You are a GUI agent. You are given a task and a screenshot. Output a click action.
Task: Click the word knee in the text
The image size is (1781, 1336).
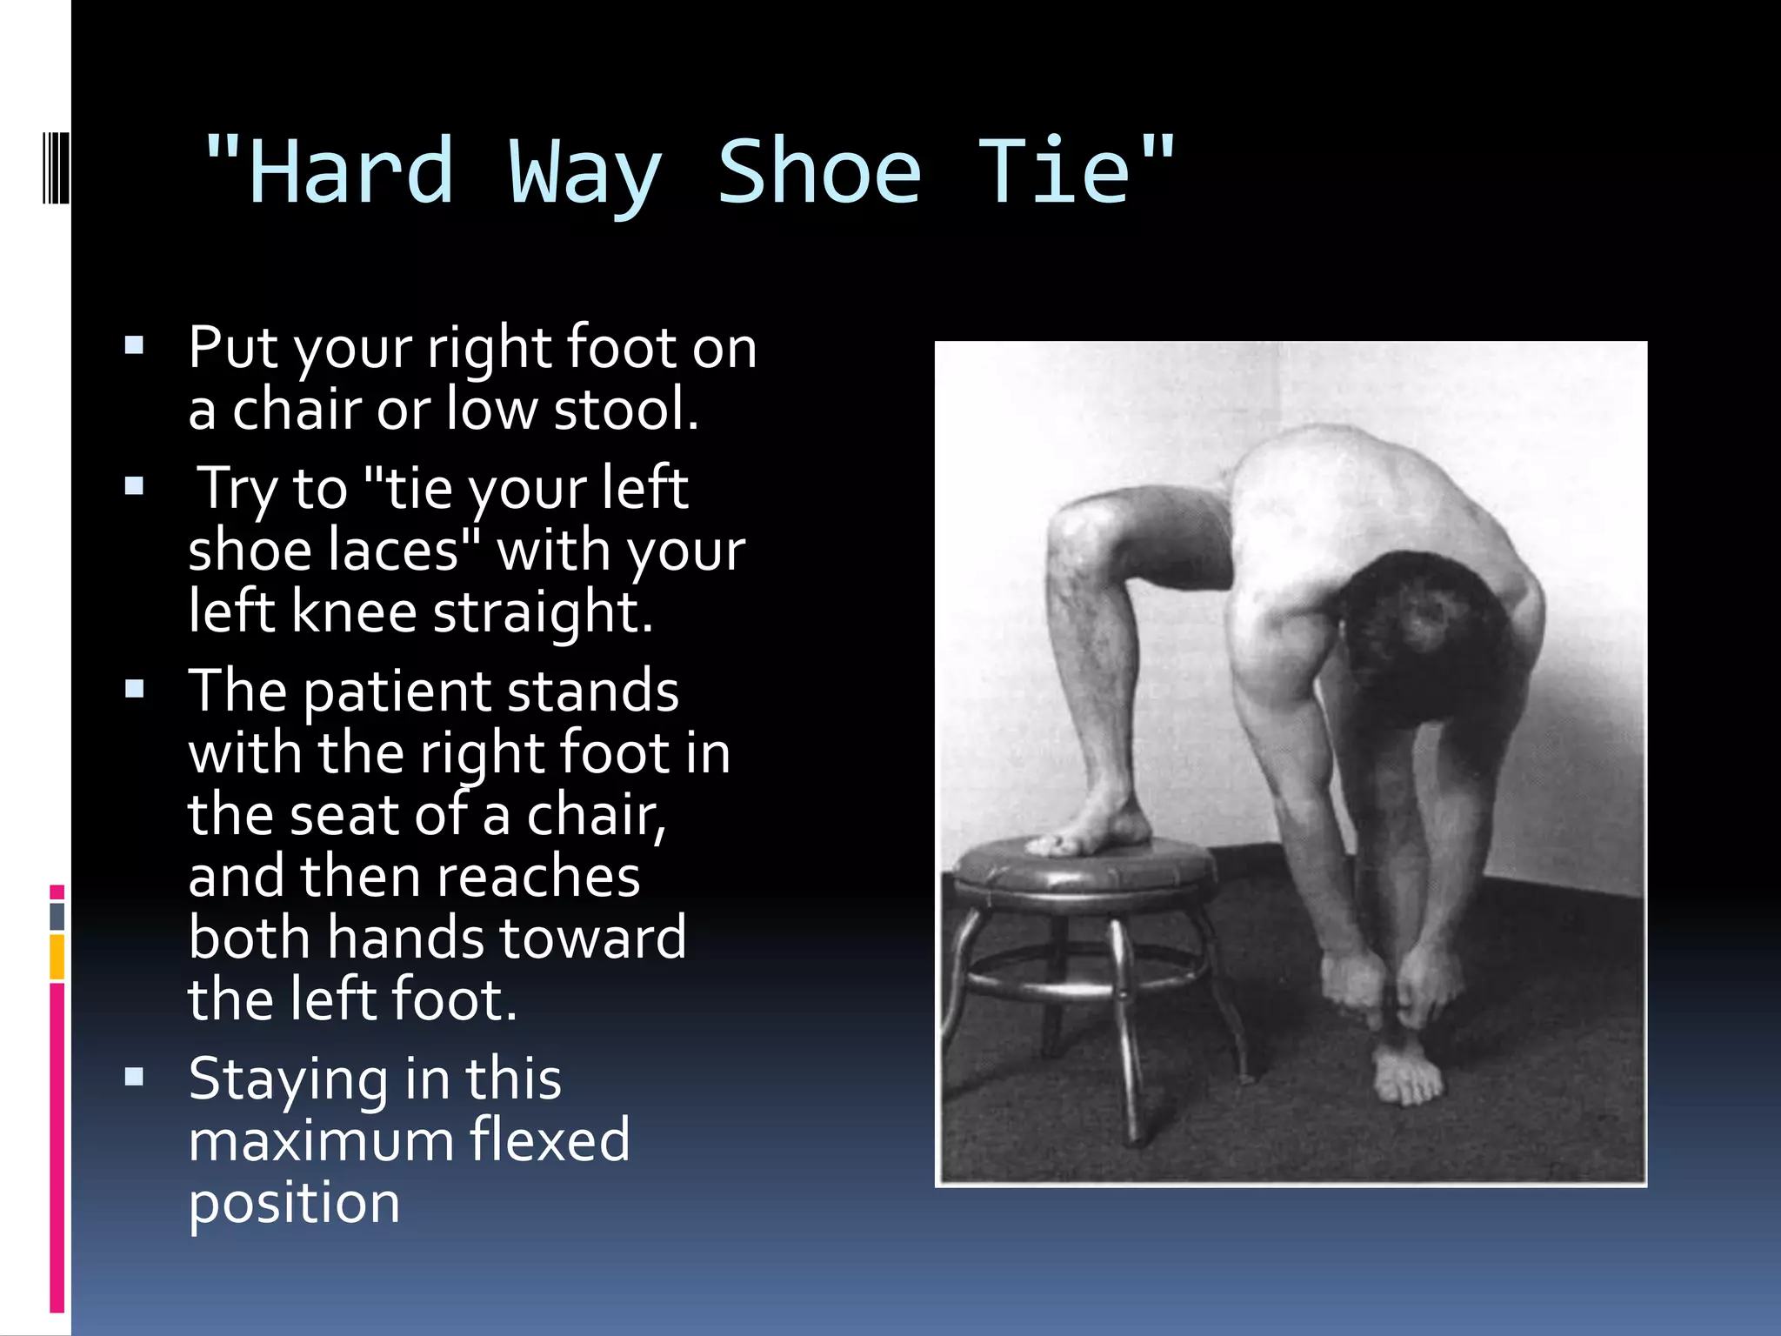[x=353, y=612]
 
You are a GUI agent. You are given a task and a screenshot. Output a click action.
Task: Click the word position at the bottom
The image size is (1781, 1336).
[x=294, y=1204]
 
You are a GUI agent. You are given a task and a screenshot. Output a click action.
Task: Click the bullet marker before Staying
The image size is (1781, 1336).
[x=134, y=1078]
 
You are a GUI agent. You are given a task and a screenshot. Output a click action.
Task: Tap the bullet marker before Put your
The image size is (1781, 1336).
[x=134, y=346]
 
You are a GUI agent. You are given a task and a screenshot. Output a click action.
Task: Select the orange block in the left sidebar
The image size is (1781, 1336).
[x=57, y=957]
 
